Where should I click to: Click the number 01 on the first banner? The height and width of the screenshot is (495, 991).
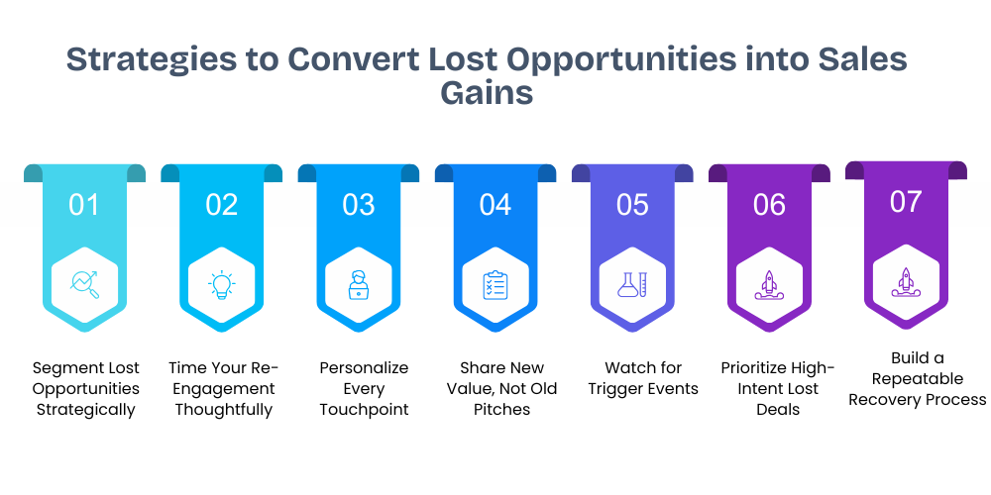(84, 205)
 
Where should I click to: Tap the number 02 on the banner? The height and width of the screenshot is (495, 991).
(221, 205)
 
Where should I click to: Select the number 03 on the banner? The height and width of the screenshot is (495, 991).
(358, 205)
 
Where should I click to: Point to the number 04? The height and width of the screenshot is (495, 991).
(495, 205)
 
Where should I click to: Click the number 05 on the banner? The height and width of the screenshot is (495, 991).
(632, 205)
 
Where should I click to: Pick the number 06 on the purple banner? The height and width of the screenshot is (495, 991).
(769, 205)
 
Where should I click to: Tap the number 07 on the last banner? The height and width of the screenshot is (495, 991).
(906, 202)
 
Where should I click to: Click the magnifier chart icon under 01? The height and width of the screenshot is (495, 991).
(84, 285)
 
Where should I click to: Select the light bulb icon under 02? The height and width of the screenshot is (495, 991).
(221, 285)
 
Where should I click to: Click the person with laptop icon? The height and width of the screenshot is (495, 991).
(358, 285)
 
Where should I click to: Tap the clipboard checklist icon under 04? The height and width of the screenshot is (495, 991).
(495, 285)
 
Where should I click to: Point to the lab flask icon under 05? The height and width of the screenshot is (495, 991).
(632, 285)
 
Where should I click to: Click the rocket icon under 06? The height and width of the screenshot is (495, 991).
(769, 285)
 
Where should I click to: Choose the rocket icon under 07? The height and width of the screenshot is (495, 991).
(906, 282)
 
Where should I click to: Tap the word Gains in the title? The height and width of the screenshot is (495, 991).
(487, 92)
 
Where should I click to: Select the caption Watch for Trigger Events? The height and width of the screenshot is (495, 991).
(643, 378)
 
